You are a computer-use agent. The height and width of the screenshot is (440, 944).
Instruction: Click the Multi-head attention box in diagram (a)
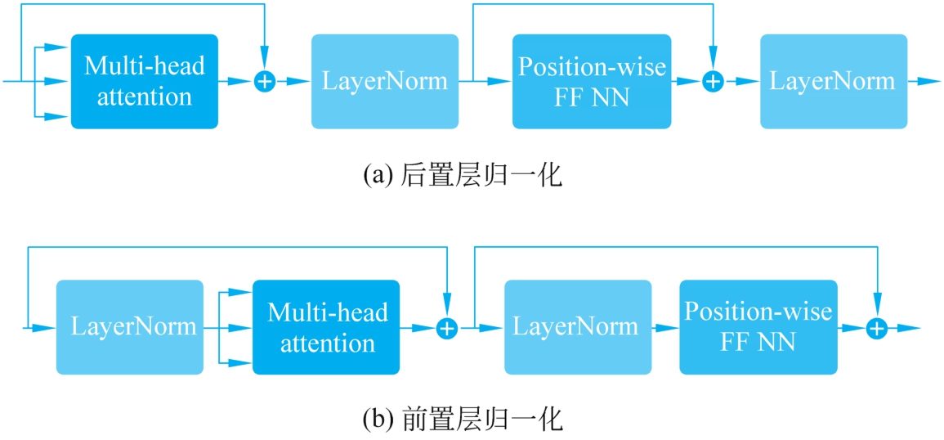pyautogui.click(x=145, y=81)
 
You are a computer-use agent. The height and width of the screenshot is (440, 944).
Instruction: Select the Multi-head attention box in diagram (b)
pyautogui.click(x=326, y=327)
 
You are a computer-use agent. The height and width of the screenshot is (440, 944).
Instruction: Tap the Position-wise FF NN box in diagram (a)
pyautogui.click(x=592, y=81)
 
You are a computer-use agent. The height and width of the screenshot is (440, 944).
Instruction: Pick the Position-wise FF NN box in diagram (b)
pyautogui.click(x=758, y=327)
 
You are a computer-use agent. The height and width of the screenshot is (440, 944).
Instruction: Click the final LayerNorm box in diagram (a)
pyautogui.click(x=833, y=81)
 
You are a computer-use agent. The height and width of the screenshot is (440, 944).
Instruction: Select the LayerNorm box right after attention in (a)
pyautogui.click(x=384, y=81)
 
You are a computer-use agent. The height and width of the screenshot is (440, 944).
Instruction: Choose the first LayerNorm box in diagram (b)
pyautogui.click(x=129, y=327)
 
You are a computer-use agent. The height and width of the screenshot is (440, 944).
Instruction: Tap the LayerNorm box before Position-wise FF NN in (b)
pyautogui.click(x=577, y=327)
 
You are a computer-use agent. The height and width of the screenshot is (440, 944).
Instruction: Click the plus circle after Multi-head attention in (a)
pyautogui.click(x=265, y=82)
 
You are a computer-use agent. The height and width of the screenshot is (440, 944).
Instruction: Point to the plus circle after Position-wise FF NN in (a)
pyautogui.click(x=714, y=82)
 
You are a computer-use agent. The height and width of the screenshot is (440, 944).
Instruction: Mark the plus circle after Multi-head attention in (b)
pyautogui.click(x=446, y=328)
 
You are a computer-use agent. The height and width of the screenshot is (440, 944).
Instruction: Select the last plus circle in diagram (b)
pyautogui.click(x=877, y=328)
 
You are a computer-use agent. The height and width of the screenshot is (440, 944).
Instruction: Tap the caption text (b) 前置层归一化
pyautogui.click(x=463, y=420)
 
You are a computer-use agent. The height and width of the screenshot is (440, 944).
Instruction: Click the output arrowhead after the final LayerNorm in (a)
pyautogui.click(x=928, y=82)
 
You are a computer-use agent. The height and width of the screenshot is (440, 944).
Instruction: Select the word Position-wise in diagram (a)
pyautogui.click(x=592, y=67)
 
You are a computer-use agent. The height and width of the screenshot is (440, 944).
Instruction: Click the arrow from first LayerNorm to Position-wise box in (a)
pyautogui.click(x=490, y=82)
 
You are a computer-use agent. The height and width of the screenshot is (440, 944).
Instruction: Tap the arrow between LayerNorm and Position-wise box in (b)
pyautogui.click(x=665, y=328)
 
